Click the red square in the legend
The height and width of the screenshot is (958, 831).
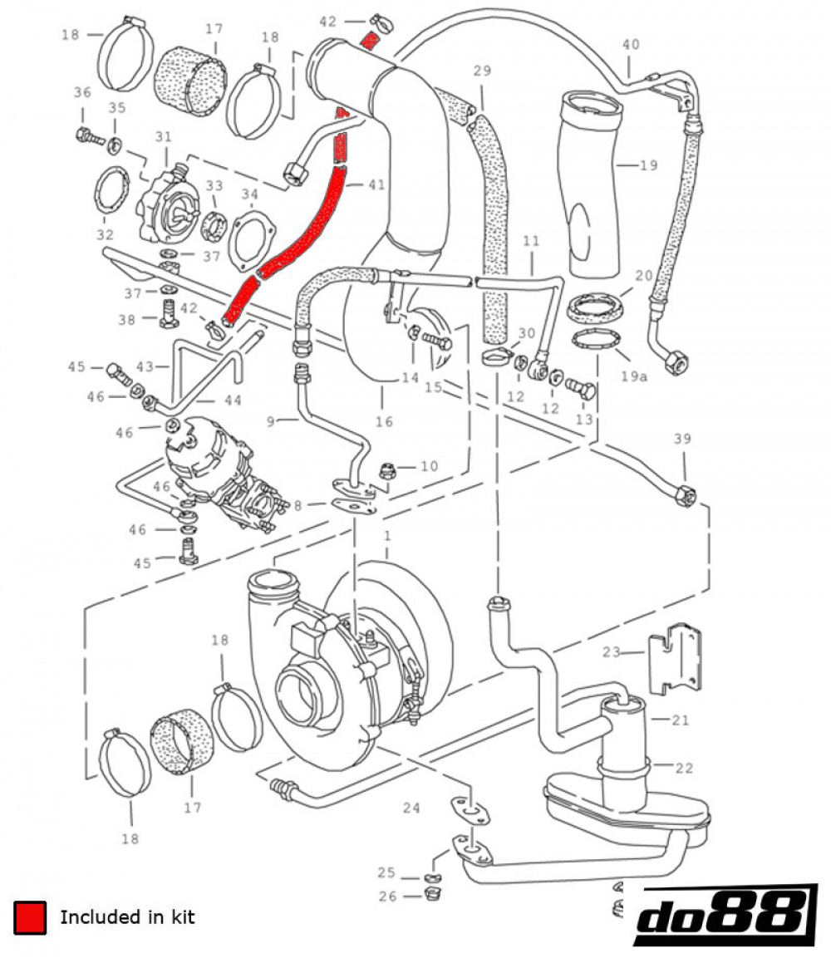point(29,917)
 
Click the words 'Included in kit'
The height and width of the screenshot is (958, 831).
point(127,917)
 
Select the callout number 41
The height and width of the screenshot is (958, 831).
point(376,184)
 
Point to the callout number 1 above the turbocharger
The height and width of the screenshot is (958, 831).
point(386,537)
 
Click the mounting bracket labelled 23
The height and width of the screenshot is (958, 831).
point(676,656)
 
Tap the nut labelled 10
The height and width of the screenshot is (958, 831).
point(386,469)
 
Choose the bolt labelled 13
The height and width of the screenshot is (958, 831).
point(582,389)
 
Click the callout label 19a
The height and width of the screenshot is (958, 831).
point(632,376)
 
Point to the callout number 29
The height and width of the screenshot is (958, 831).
point(483,71)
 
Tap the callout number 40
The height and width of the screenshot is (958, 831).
point(632,44)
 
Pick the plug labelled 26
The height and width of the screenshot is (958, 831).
point(430,895)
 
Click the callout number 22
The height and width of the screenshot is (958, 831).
point(683,768)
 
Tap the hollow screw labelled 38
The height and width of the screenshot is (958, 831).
point(169,317)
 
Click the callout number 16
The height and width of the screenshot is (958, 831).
point(383,422)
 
